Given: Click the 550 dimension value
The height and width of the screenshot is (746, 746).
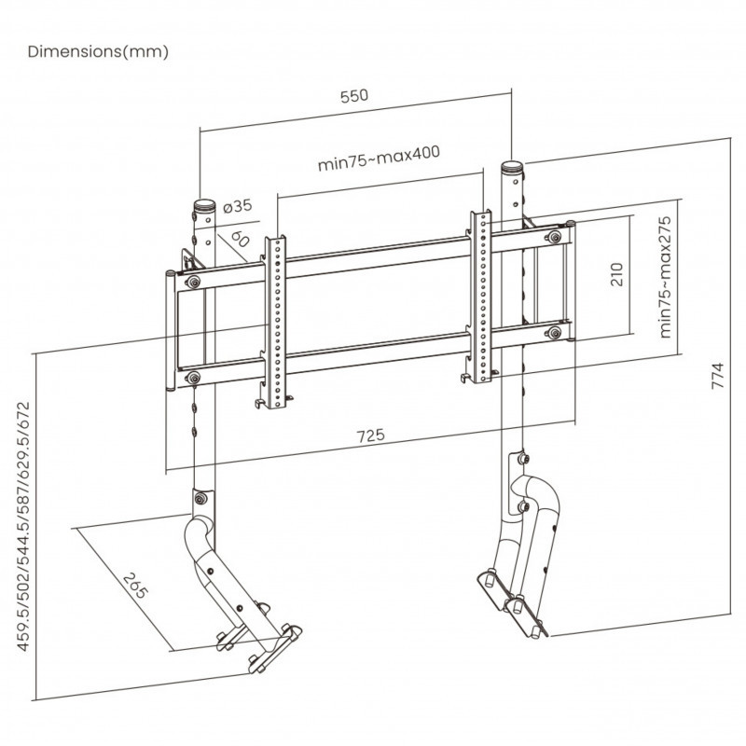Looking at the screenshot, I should click(355, 96).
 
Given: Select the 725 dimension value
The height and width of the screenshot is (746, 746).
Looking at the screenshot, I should click(371, 435).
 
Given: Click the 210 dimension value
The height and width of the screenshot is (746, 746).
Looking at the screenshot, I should click(615, 273).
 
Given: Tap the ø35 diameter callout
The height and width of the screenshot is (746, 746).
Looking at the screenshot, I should click(238, 205).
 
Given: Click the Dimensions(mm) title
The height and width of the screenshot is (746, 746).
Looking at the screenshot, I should click(98, 51).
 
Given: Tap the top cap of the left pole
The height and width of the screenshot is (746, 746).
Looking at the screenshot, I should click(203, 204).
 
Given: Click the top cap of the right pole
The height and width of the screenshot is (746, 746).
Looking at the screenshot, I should click(512, 168).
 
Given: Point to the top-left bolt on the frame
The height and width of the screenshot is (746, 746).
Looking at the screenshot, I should click(192, 282).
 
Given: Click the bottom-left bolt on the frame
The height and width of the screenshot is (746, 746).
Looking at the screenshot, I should click(192, 377).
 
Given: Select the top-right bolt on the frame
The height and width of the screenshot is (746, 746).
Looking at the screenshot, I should click(557, 238).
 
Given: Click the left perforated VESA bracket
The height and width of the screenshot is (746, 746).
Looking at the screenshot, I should click(275, 322).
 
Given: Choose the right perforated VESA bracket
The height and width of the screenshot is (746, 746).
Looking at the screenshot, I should click(480, 297).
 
